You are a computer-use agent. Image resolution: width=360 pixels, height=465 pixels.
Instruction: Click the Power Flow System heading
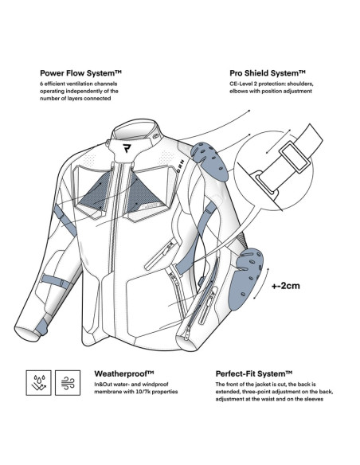click(80, 73)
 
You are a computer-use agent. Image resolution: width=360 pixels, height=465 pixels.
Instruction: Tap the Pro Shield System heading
click(268, 73)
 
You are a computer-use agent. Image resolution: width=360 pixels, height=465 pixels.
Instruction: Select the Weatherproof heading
click(124, 373)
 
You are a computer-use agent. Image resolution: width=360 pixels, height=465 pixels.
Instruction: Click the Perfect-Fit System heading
click(254, 373)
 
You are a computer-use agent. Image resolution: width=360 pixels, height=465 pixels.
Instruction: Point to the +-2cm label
click(286, 286)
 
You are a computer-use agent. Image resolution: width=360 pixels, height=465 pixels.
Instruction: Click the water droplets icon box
click(38, 382)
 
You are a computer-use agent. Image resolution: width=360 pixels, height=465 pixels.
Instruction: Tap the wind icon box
click(68, 382)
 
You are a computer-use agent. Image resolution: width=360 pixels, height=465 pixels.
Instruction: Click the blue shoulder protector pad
click(209, 161)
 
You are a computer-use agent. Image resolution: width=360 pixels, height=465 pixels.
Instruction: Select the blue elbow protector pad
click(247, 278)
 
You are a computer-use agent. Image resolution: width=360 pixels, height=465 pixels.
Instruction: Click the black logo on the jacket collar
click(127, 148)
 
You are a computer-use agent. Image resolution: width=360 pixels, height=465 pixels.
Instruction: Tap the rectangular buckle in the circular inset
click(295, 158)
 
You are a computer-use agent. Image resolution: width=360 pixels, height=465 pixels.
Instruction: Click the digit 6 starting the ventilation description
click(41, 84)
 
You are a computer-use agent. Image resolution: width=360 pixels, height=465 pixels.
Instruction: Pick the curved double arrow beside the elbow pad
click(262, 283)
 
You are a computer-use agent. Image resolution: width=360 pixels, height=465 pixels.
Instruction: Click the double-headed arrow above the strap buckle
click(278, 142)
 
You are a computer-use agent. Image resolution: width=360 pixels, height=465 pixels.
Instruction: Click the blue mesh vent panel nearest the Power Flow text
click(94, 192)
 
